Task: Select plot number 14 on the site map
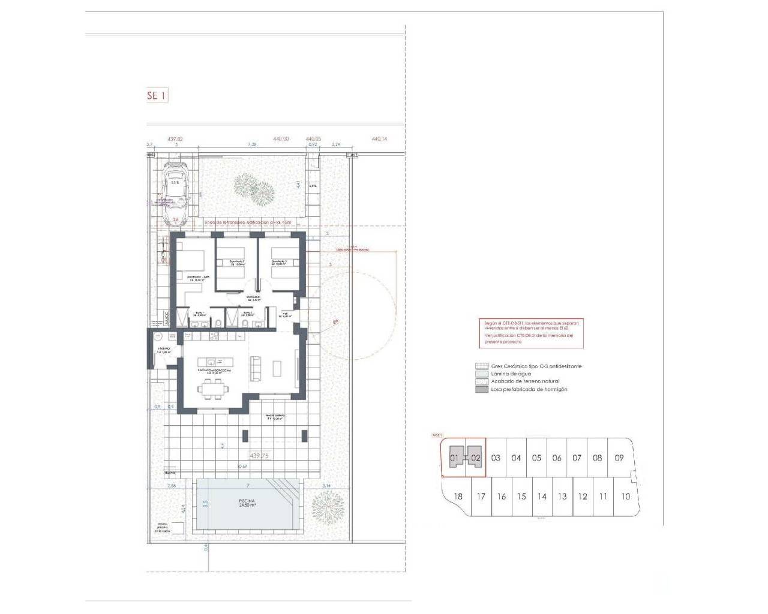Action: coord(541,496)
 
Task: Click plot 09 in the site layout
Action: coord(619,458)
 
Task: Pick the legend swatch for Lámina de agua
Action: coord(481,374)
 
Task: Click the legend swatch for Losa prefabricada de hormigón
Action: coord(481,389)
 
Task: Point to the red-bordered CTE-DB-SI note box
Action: coord(530,333)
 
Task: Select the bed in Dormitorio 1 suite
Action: coord(191,261)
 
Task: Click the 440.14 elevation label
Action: coord(380,139)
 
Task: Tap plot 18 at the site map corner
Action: coord(458,496)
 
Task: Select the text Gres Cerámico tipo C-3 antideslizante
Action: coord(536,366)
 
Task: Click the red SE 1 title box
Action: coord(157,95)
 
